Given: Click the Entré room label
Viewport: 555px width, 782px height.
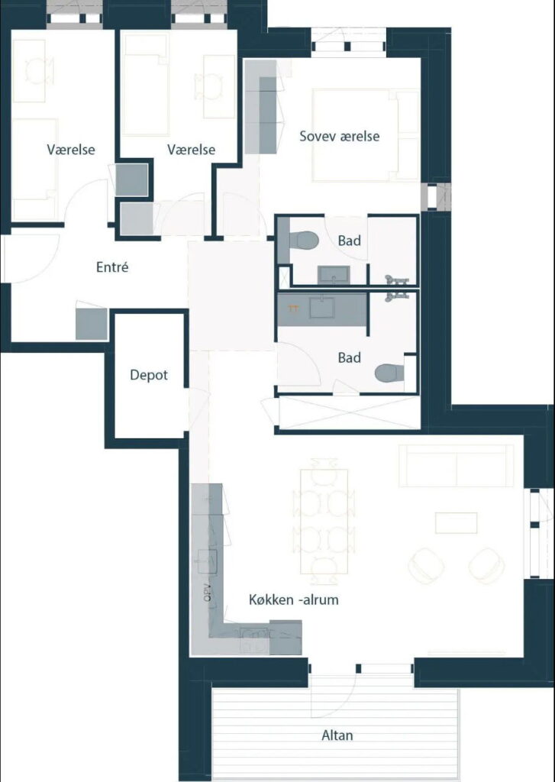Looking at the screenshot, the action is [112, 267].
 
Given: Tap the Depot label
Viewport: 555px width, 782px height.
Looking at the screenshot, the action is [149, 375].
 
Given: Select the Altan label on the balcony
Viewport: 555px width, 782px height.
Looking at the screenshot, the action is [337, 735].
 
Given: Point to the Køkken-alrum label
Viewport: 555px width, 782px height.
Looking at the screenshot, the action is [294, 599].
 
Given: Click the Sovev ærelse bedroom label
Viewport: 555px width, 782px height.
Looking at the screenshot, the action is [339, 136].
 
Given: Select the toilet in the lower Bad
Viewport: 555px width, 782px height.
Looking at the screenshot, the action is [390, 373].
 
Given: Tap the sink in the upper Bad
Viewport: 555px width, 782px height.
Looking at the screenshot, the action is [334, 274].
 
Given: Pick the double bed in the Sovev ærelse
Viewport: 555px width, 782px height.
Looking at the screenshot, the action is [365, 135].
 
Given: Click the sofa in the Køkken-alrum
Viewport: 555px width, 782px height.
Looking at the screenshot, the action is [456, 466].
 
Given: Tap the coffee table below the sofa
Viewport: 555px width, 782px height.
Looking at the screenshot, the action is [456, 522].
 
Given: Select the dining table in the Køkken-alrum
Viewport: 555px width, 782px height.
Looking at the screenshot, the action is [324, 521].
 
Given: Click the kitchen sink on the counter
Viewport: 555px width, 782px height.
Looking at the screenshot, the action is [207, 561].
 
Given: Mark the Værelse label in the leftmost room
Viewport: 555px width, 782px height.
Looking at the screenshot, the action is [71, 150].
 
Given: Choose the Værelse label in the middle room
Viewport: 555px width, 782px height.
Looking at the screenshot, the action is [191, 150].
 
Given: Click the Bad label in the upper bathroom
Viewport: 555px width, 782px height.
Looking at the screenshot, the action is [349, 241].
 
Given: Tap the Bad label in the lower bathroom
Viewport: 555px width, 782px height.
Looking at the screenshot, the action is [349, 357].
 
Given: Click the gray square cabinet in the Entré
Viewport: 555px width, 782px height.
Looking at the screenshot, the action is [92, 324].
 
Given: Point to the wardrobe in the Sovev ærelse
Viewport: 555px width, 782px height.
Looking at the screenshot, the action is [261, 107].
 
